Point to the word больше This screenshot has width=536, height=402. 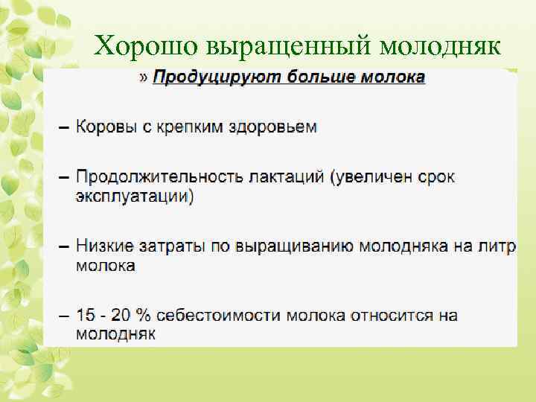309,77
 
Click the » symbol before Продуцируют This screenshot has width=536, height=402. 144,77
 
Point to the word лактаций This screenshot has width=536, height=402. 278,178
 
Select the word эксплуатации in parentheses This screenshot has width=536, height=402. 134,197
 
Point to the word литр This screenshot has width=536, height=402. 495,246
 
